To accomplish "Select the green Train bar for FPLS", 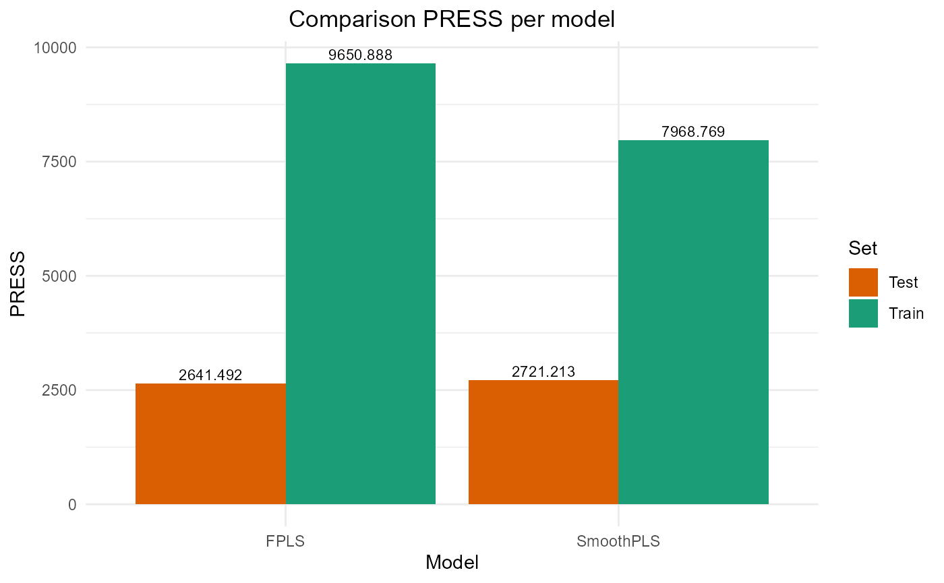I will click(361, 283).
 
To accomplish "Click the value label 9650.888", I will click(360, 55).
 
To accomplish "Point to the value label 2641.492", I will click(210, 375).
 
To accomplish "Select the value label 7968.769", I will click(693, 132).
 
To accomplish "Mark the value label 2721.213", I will click(543, 371).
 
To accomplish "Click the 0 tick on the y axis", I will click(71, 504).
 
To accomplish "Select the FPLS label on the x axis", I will click(285, 542).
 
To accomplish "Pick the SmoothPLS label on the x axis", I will click(618, 542).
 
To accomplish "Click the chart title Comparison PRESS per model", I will click(452, 20).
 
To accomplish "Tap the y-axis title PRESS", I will click(18, 283).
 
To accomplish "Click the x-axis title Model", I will click(452, 563).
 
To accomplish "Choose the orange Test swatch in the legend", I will click(863, 282).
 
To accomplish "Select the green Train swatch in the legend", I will click(863, 313).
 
